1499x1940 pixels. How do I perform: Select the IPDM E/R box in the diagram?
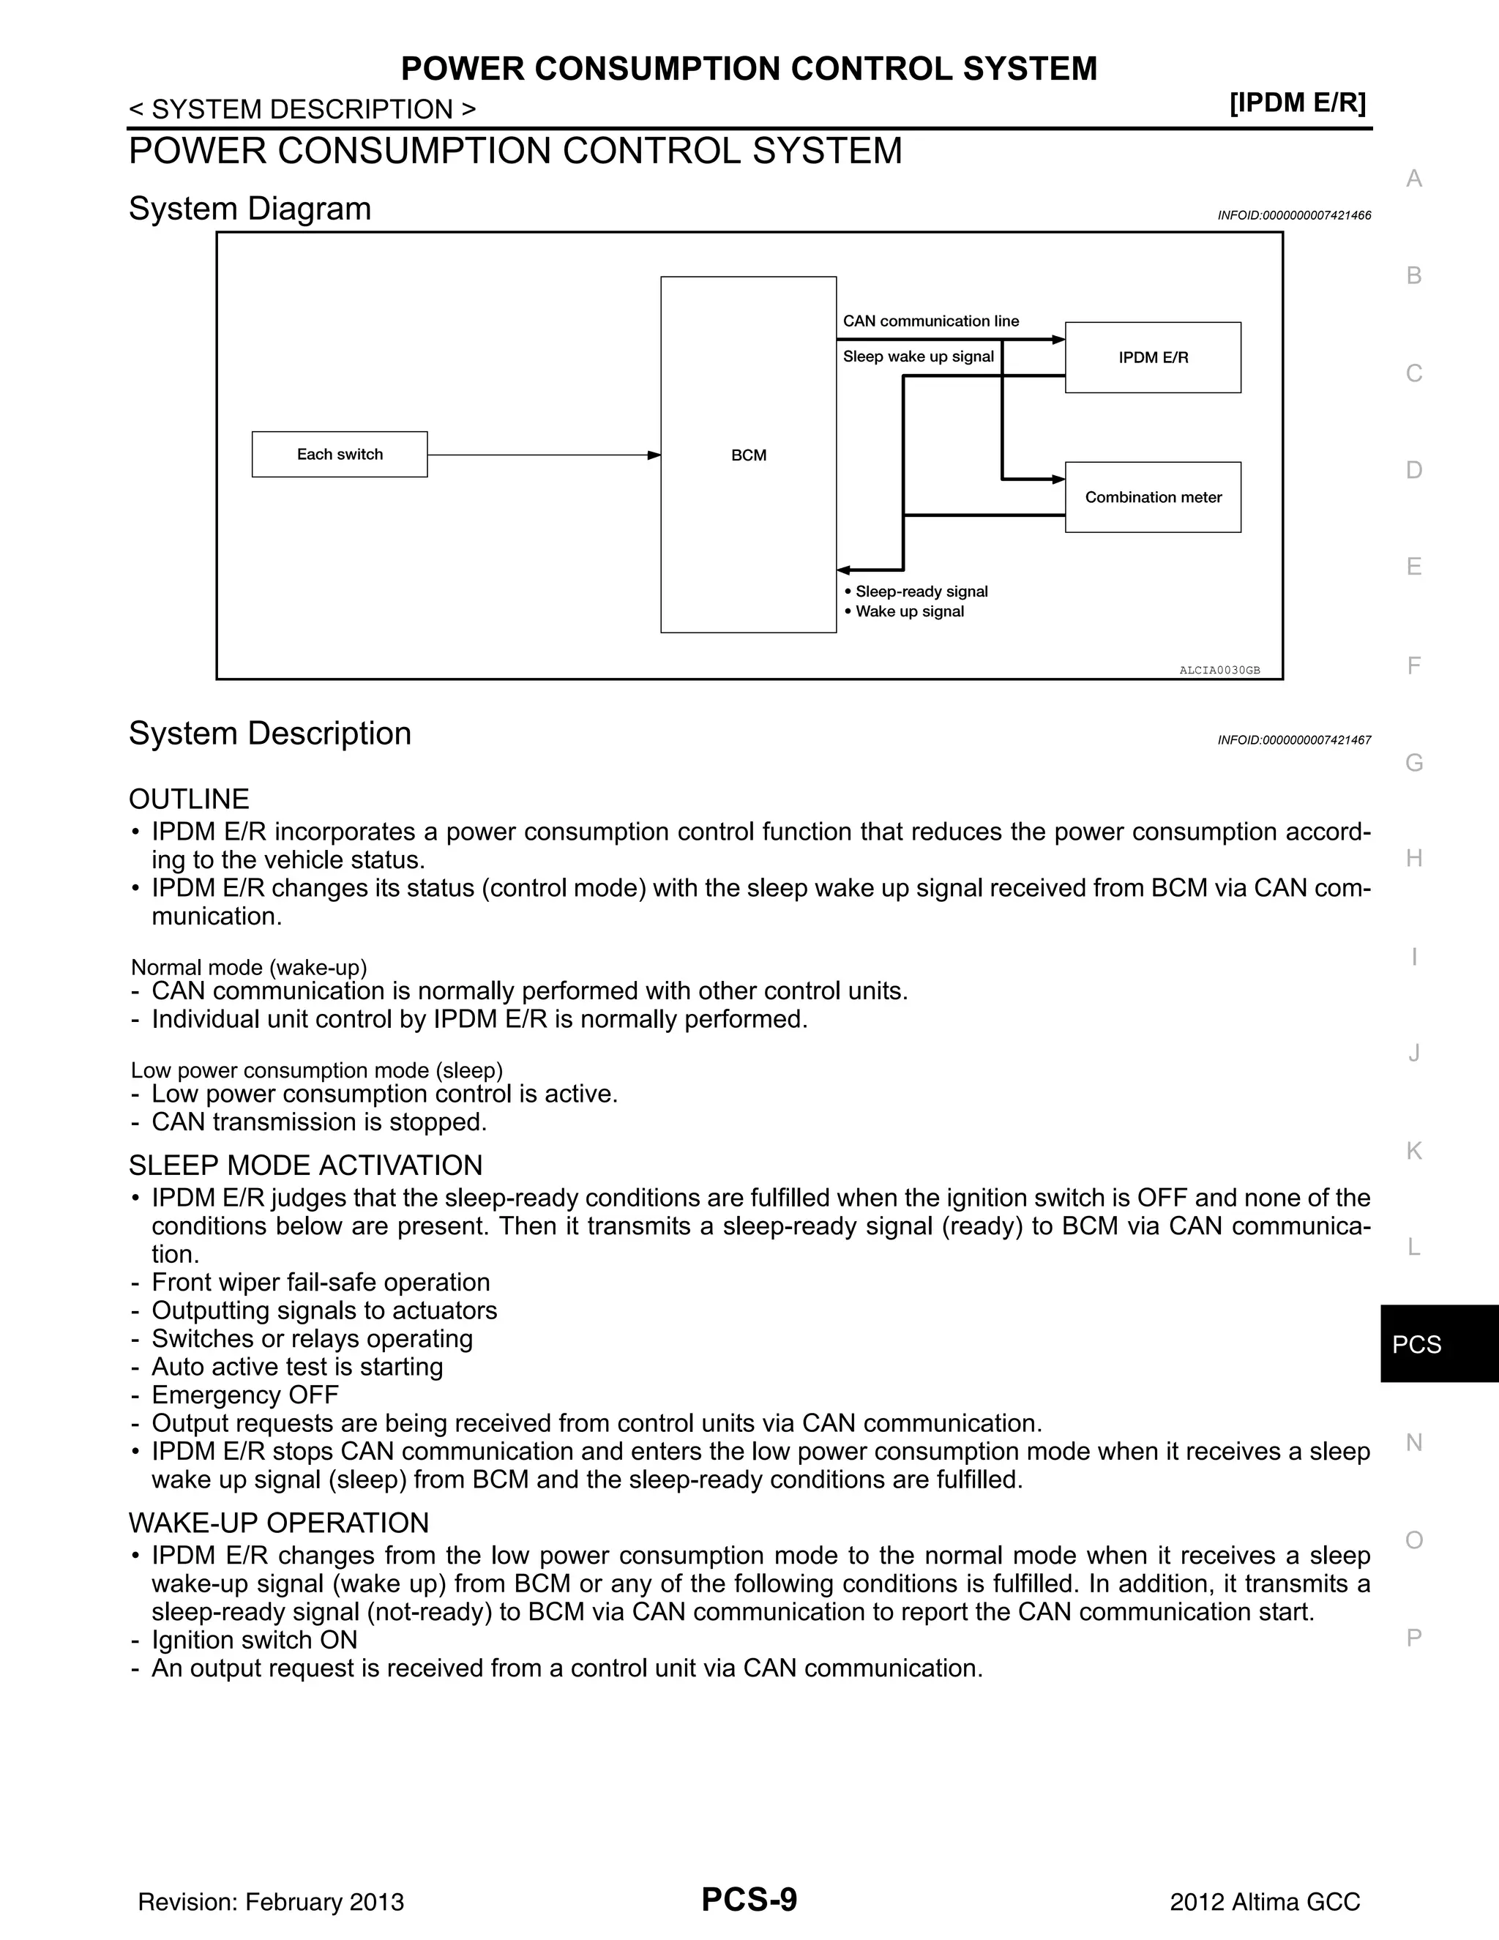[1153, 357]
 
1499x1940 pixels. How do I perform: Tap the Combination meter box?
[1153, 497]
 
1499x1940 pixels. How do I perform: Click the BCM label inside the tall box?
[749, 455]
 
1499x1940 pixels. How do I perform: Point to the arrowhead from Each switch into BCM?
[654, 455]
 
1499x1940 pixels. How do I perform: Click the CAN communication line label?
[931, 321]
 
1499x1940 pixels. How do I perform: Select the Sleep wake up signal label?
[919, 357]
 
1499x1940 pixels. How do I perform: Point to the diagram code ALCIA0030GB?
[1219, 670]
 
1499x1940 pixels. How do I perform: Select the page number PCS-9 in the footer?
[749, 1900]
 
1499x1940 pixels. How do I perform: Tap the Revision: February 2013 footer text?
[271, 1902]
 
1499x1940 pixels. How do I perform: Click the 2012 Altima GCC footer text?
[1265, 1902]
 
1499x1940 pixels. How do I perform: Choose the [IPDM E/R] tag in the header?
[1298, 103]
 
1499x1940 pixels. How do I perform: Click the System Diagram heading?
[250, 209]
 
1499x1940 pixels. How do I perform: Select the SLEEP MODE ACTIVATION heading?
[305, 1165]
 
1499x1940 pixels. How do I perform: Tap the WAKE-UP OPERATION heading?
[279, 1523]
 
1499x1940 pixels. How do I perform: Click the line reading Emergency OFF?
[244, 1395]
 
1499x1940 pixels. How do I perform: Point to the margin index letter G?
[1414, 762]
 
